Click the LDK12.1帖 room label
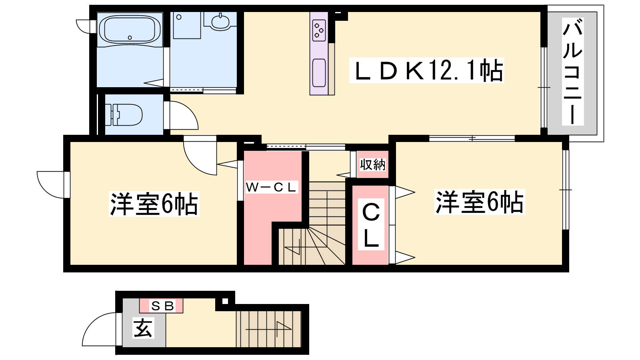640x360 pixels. click(x=426, y=70)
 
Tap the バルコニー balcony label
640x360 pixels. click(x=572, y=72)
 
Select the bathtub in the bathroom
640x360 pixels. click(x=130, y=29)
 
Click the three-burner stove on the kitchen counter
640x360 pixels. click(x=319, y=30)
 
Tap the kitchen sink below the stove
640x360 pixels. click(x=319, y=72)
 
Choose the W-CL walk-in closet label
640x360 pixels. click(x=272, y=187)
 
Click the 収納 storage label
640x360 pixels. click(x=372, y=164)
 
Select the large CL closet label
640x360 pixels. click(x=371, y=226)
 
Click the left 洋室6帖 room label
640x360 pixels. click(x=154, y=204)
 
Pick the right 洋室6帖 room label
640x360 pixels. click(x=480, y=202)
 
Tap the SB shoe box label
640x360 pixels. click(x=162, y=306)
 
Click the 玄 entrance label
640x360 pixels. click(x=144, y=328)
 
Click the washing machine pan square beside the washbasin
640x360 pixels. click(x=187, y=25)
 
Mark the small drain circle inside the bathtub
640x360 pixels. click(x=130, y=38)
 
